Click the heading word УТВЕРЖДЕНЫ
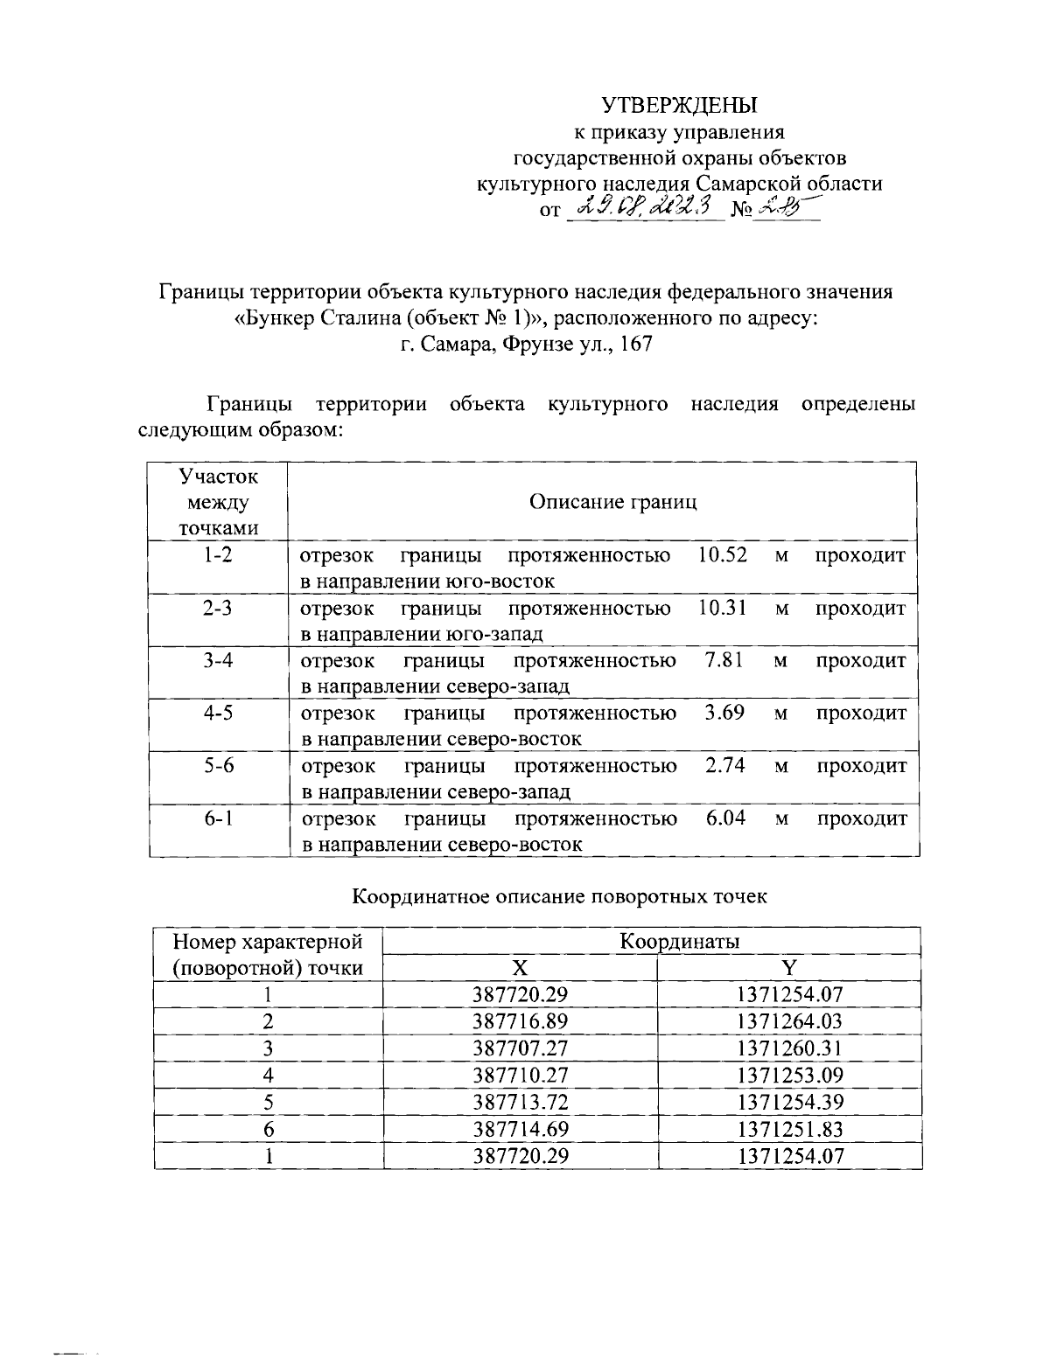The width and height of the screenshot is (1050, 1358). (678, 106)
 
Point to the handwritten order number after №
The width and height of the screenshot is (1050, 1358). (781, 208)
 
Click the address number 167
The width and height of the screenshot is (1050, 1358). (635, 345)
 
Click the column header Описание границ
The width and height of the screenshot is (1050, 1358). (613, 502)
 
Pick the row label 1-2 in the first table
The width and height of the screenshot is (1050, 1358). (217, 555)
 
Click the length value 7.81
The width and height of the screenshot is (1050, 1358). (724, 660)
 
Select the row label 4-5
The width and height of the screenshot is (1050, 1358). (217, 713)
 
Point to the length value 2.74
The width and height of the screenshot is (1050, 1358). (724, 766)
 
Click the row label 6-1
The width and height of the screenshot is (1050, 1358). (217, 818)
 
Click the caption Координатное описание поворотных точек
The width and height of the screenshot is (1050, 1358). (559, 897)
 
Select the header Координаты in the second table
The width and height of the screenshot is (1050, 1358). (679, 942)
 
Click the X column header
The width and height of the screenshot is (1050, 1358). (520, 968)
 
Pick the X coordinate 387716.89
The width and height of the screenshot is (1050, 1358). (521, 1021)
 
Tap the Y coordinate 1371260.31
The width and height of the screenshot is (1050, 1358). (790, 1048)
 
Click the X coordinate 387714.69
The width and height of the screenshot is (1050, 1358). (521, 1129)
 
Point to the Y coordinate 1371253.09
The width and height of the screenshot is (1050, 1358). (790, 1075)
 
